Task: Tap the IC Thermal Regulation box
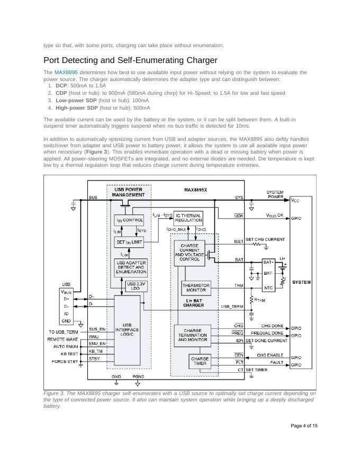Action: coord(188,218)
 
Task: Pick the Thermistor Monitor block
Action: coord(196,288)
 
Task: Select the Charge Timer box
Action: coord(200,362)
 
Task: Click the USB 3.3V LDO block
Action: coord(137,286)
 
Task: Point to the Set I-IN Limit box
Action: coord(129,242)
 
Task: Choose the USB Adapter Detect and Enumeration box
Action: coord(131,268)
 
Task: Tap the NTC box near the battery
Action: coord(269,288)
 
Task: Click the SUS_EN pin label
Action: coord(97,329)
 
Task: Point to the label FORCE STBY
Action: coord(65,362)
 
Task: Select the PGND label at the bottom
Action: coord(139,377)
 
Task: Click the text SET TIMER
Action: coord(257,370)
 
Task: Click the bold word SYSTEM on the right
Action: coord(302,282)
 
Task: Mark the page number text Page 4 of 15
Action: coord(304,426)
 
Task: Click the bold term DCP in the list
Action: coord(61,85)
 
